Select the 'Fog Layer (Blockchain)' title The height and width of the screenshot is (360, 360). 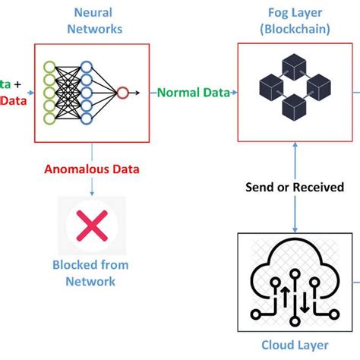pos(293,21)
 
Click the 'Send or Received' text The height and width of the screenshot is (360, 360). pos(294,187)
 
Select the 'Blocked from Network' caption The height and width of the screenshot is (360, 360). pos(90,273)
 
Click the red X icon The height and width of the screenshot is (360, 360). pos(92,226)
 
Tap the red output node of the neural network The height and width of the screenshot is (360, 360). pos(122,93)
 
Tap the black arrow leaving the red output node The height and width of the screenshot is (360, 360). pos(134,93)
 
